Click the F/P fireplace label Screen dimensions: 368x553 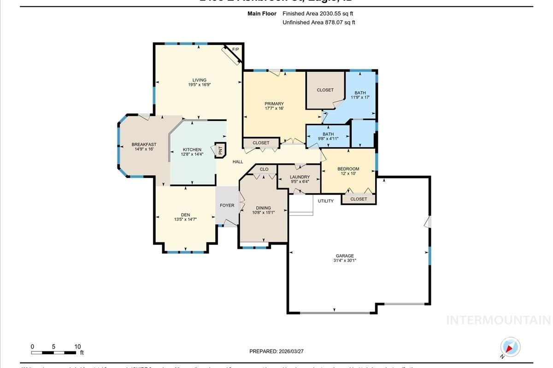point(235,49)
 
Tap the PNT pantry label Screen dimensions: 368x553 point(220,149)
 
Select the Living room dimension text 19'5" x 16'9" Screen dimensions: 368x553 point(200,85)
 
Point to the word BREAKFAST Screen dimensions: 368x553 point(144,144)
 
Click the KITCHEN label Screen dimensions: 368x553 point(192,149)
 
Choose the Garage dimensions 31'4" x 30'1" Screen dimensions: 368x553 point(345,261)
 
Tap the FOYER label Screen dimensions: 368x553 point(227,206)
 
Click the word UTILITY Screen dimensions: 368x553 point(325,201)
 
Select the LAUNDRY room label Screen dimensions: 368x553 point(300,177)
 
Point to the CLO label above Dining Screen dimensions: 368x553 point(264,169)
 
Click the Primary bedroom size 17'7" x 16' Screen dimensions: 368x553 point(274,109)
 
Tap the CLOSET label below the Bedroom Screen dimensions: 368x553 point(359,199)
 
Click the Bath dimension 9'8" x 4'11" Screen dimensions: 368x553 point(328,139)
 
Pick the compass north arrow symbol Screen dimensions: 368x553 point(510,347)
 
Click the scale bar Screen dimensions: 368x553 point(54,353)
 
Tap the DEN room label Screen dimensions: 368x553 point(185,215)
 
